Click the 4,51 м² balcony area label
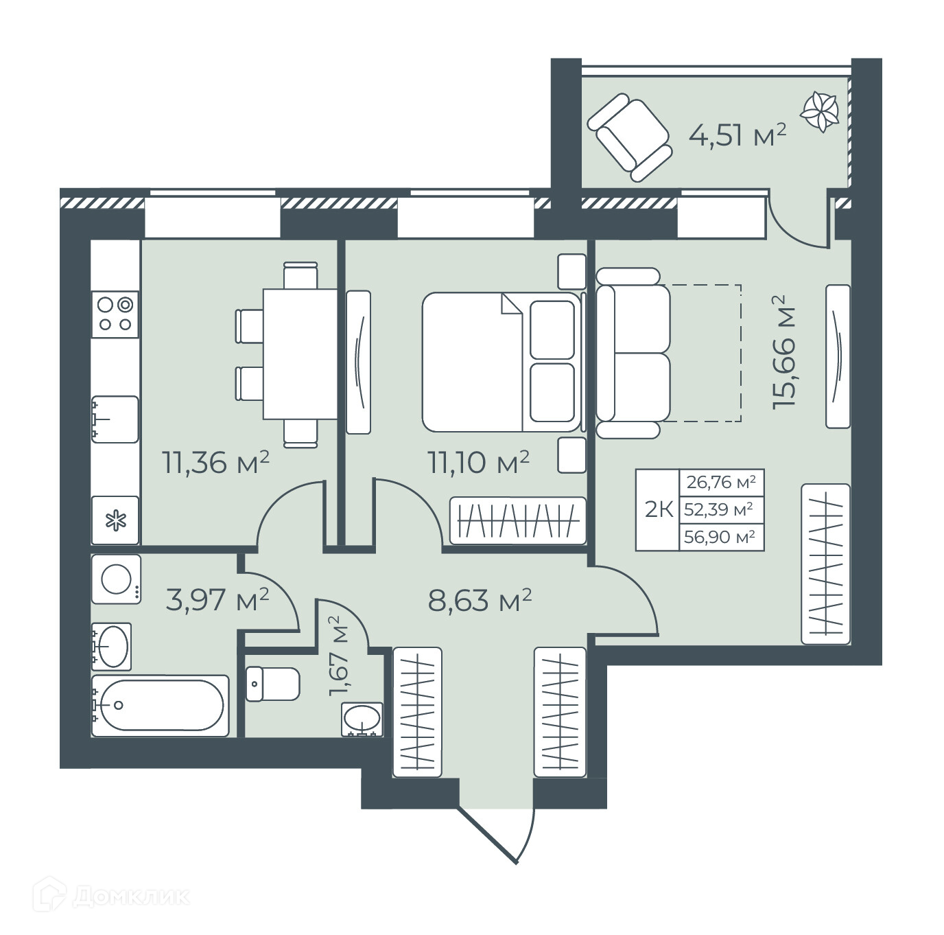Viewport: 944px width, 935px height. click(737, 135)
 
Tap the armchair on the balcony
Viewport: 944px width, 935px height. click(630, 138)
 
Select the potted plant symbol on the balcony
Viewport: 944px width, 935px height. click(819, 112)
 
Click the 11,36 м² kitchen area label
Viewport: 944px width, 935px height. click(215, 462)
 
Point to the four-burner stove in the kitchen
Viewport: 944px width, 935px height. click(116, 314)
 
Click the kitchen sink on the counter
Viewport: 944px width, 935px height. click(115, 419)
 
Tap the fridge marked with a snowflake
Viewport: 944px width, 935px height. click(116, 520)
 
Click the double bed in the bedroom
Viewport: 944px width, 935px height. click(501, 362)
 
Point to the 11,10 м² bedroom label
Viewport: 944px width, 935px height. click(479, 462)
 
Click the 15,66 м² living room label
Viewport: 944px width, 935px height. click(785, 352)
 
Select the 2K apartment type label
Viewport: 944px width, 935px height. click(659, 510)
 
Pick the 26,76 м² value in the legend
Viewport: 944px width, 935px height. click(721, 483)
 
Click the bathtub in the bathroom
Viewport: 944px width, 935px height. click(160, 706)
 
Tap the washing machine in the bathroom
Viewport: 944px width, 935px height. click(116, 579)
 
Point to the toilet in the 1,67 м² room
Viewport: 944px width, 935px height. click(272, 684)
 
